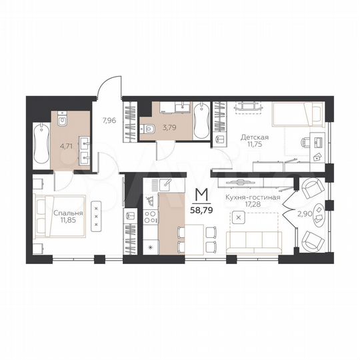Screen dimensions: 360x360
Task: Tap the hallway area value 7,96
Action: pos(109,121)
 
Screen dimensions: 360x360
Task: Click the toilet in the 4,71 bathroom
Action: pos(63,119)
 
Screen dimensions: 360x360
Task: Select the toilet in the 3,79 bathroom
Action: pos(149,130)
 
